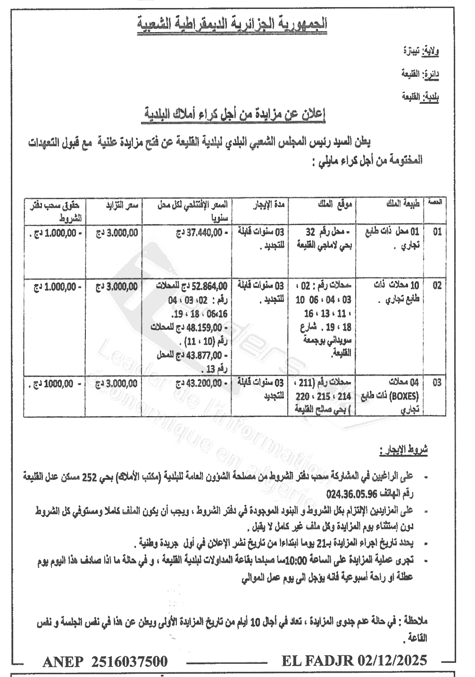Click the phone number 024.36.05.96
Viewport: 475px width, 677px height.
point(350,494)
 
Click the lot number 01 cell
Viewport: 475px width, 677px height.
point(437,232)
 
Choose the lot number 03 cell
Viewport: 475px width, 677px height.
point(437,383)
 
